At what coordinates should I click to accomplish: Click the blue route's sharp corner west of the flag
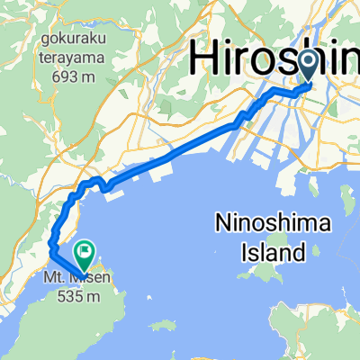point(50,246)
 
